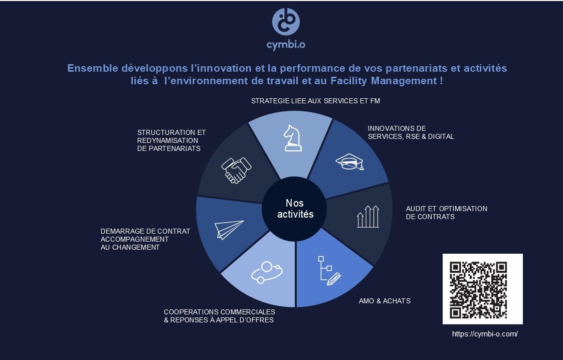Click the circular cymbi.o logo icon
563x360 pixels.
pyautogui.click(x=286, y=22)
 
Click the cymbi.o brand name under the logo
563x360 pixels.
pyautogui.click(x=286, y=45)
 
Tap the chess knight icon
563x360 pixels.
pyautogui.click(x=293, y=138)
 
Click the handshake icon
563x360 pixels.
pyautogui.click(x=236, y=170)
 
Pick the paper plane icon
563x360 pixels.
pyautogui.click(x=229, y=229)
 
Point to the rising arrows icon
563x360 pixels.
pyautogui.click(x=368, y=217)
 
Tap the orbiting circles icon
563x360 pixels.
pyautogui.click(x=266, y=272)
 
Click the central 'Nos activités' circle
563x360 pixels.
pyautogui.click(x=294, y=209)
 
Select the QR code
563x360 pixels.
pyautogui.click(x=483, y=289)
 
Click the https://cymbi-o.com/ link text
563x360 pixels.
pyautogui.click(x=485, y=334)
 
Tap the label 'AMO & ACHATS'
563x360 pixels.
pyautogui.click(x=385, y=301)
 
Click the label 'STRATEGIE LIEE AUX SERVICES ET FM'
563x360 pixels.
pyautogui.click(x=315, y=101)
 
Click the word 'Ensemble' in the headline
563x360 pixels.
pyautogui.click(x=93, y=68)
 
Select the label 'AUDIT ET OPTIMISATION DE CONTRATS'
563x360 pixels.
pyautogui.click(x=446, y=213)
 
